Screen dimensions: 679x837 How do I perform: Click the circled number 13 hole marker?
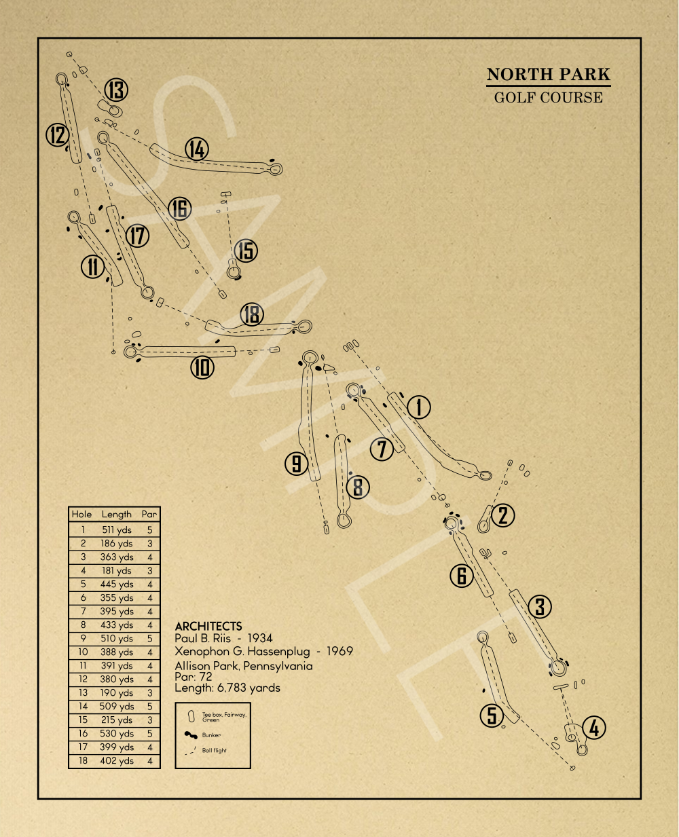pyautogui.click(x=116, y=90)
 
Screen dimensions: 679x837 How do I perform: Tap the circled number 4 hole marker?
pyautogui.click(x=593, y=727)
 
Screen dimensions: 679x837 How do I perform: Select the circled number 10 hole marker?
pyautogui.click(x=202, y=368)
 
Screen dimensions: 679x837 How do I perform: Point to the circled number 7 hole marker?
pyautogui.click(x=382, y=449)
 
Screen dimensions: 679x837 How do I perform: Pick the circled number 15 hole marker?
pyautogui.click(x=246, y=250)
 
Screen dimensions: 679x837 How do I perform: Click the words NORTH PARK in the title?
pyautogui.click(x=549, y=74)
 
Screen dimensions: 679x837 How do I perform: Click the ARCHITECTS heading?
pyautogui.click(x=208, y=627)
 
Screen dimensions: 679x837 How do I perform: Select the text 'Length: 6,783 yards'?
pyautogui.click(x=227, y=688)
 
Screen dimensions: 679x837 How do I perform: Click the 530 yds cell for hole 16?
pyautogui.click(x=117, y=734)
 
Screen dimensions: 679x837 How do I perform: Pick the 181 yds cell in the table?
pyautogui.click(x=117, y=571)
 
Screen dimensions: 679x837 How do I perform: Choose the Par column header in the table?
pyautogui.click(x=149, y=515)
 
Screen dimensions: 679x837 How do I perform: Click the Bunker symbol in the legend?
pyautogui.click(x=191, y=734)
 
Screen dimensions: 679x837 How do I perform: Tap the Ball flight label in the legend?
pyautogui.click(x=214, y=750)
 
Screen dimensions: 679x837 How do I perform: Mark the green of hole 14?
pyautogui.click(x=276, y=169)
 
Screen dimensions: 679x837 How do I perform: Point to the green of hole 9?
pyautogui.click(x=310, y=358)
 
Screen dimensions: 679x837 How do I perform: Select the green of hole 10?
pyautogui.click(x=130, y=352)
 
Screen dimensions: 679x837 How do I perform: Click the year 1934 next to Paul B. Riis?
pyautogui.click(x=260, y=638)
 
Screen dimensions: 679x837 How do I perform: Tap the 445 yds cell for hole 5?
pyautogui.click(x=117, y=584)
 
